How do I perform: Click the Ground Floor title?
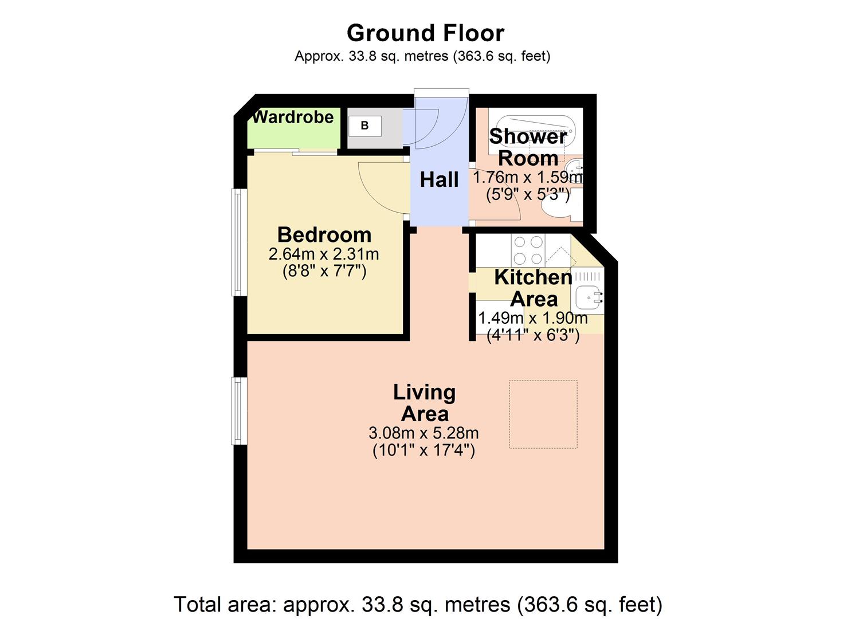tap(425, 33)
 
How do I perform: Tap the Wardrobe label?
tap(293, 117)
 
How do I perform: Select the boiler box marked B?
tap(364, 126)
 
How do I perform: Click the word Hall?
tap(439, 180)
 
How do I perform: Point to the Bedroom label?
tap(324, 235)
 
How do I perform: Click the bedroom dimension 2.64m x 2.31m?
tap(324, 254)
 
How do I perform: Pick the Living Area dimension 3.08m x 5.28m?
tap(423, 433)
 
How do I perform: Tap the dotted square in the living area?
tap(543, 414)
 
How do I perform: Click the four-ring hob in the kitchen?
tap(528, 250)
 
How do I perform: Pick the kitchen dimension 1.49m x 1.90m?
tap(532, 318)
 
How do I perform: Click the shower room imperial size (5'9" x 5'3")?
tap(528, 195)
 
